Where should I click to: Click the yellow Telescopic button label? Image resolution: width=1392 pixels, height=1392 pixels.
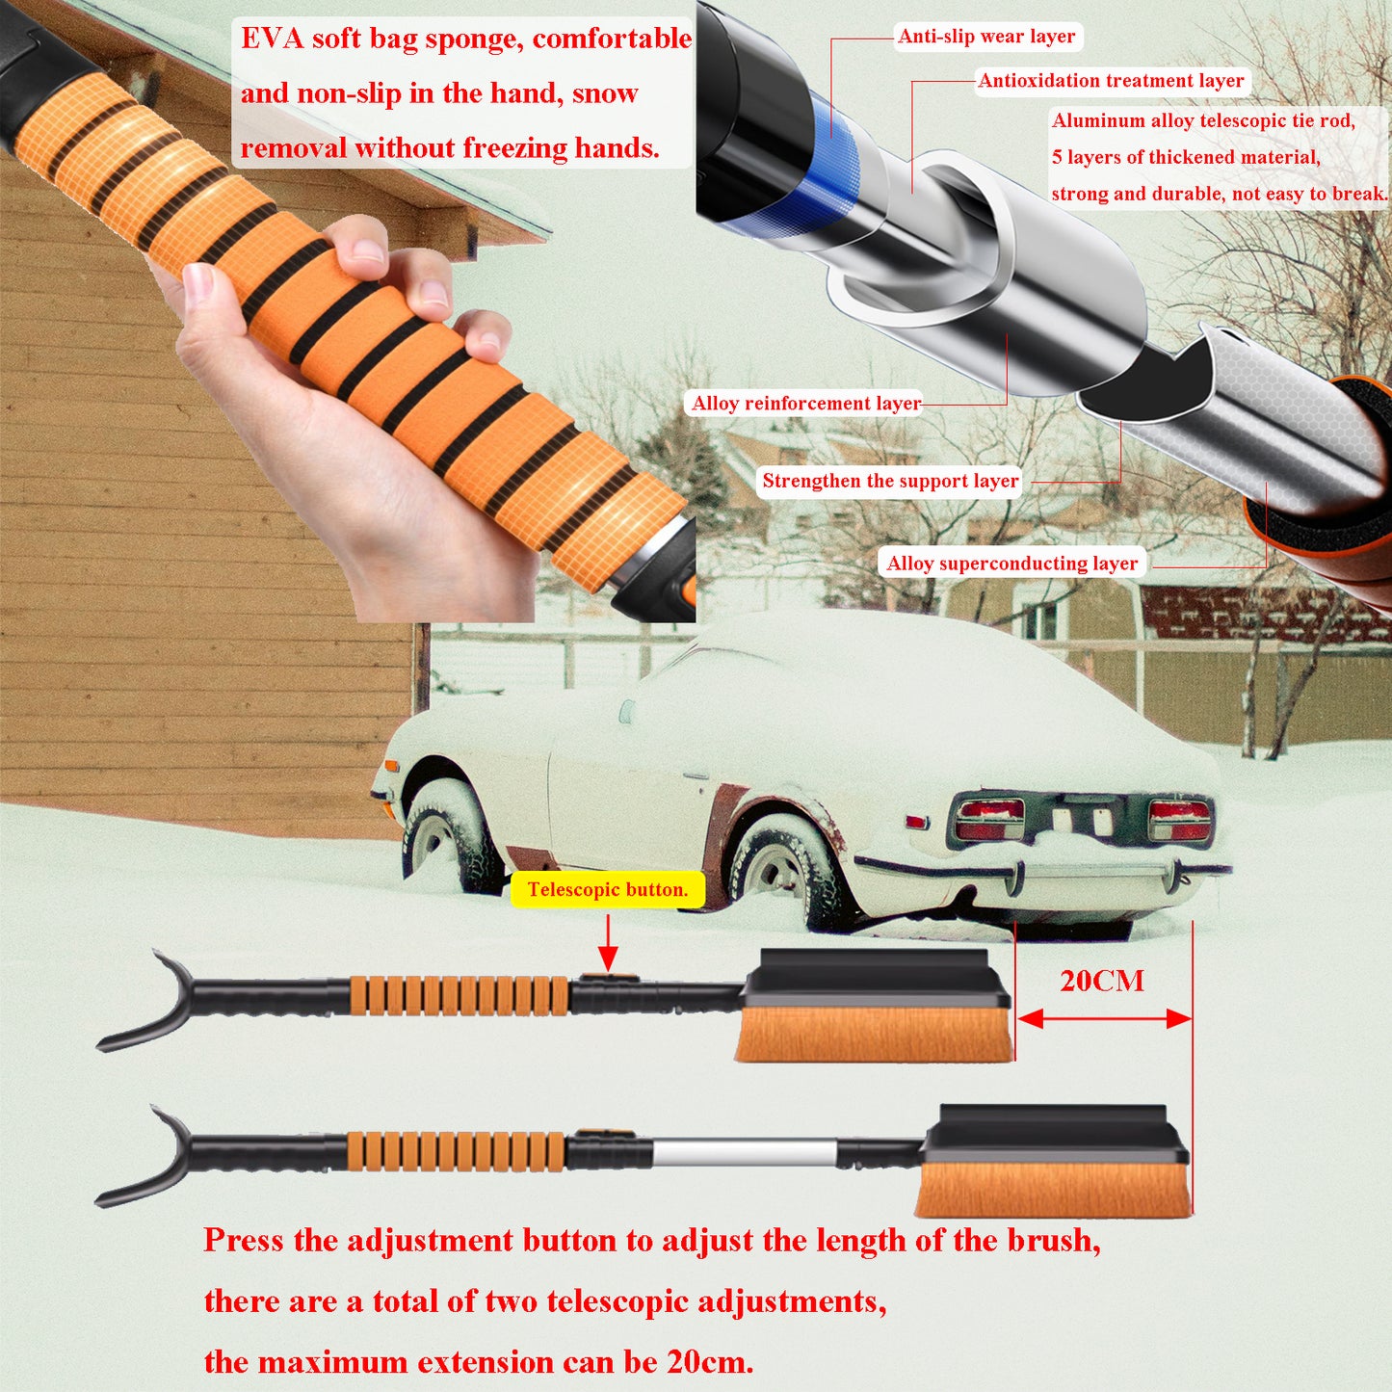pyautogui.click(x=608, y=889)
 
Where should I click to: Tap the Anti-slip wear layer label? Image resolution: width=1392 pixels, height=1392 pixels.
pyautogui.click(x=986, y=36)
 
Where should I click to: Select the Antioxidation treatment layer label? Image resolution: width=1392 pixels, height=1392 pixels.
pyautogui.click(x=1111, y=80)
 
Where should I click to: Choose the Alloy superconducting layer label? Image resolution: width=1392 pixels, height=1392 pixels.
pyautogui.click(x=1012, y=563)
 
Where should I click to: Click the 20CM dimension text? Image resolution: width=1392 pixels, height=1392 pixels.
pyautogui.click(x=1102, y=981)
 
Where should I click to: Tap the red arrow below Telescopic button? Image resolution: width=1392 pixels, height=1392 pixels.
pyautogui.click(x=608, y=943)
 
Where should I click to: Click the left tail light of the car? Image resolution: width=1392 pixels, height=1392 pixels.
pyautogui.click(x=989, y=819)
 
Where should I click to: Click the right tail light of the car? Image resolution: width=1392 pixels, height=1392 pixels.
pyautogui.click(x=1179, y=820)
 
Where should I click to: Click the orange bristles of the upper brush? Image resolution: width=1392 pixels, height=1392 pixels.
pyautogui.click(x=874, y=1035)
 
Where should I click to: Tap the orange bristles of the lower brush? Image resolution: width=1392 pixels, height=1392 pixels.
pyautogui.click(x=1053, y=1190)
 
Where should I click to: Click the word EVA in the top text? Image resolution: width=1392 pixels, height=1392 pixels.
pyautogui.click(x=269, y=39)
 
